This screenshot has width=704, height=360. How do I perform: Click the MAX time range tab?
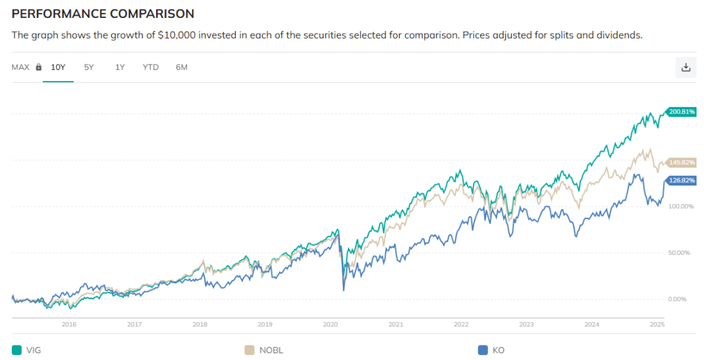(x=21, y=67)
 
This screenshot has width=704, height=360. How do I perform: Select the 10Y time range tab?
(x=58, y=67)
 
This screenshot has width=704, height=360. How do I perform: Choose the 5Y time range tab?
(x=89, y=67)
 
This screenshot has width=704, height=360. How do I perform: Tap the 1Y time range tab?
(x=120, y=67)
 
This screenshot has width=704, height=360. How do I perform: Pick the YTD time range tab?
(x=151, y=67)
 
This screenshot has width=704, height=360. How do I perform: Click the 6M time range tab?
(x=181, y=67)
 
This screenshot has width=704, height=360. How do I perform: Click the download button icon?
(x=685, y=67)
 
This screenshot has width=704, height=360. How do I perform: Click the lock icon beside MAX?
(x=38, y=67)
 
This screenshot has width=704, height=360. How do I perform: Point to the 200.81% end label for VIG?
(x=683, y=111)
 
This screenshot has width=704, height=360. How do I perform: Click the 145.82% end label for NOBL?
(x=683, y=163)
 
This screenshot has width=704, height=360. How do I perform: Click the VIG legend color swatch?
(x=16, y=350)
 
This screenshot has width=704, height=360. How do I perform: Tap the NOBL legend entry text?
(x=272, y=350)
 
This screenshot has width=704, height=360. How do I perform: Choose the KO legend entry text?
(x=498, y=350)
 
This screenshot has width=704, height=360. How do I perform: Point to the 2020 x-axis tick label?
(x=330, y=324)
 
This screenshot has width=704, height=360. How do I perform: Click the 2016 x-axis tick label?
(x=69, y=324)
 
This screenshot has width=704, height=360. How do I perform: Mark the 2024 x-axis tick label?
(x=591, y=324)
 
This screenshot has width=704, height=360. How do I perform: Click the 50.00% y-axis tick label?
(x=679, y=253)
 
